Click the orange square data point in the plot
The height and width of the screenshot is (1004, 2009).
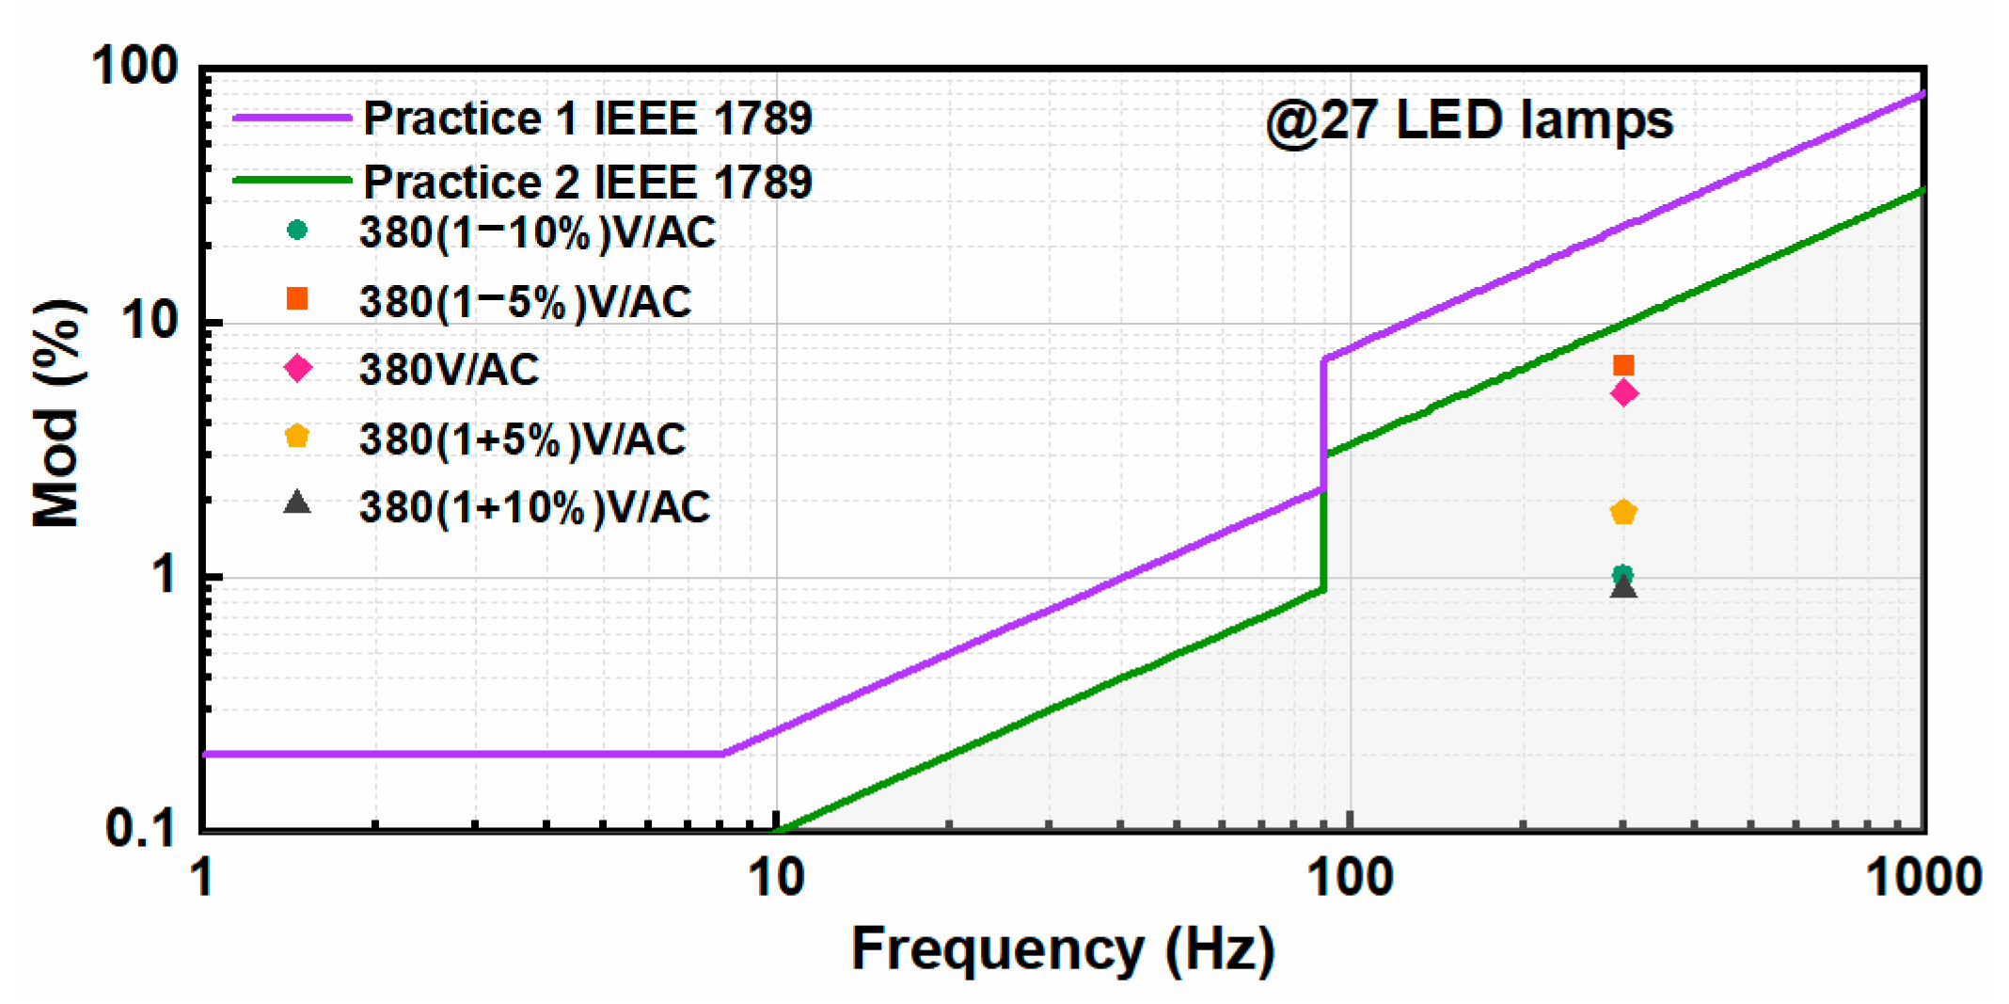(x=1622, y=365)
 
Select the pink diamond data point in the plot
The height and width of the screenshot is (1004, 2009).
(x=1623, y=393)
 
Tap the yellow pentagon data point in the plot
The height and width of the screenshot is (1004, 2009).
(x=1623, y=513)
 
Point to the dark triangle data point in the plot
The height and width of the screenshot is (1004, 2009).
(x=1623, y=588)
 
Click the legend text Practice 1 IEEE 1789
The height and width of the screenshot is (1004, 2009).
(x=587, y=119)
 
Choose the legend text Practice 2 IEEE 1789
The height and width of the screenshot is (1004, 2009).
(x=587, y=182)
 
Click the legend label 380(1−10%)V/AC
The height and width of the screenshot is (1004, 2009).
(x=537, y=232)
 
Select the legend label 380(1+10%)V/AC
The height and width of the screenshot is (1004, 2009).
(x=534, y=507)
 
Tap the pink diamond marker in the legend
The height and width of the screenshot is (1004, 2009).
(x=298, y=368)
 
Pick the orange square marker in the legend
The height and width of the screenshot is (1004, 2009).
(x=297, y=298)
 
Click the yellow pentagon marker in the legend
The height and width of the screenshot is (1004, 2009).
(x=297, y=437)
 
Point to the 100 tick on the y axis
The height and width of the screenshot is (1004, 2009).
(x=134, y=67)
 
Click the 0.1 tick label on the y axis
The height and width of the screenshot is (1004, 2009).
(x=140, y=828)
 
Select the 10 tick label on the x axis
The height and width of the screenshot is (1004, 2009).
(x=776, y=878)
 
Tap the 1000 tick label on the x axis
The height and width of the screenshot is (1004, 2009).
(x=1923, y=878)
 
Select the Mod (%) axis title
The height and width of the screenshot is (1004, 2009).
(x=56, y=414)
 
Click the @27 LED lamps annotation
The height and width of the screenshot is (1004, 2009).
(x=1469, y=120)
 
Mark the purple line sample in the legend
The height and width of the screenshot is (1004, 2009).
(x=292, y=119)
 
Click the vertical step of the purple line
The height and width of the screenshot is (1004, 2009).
(x=1323, y=423)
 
